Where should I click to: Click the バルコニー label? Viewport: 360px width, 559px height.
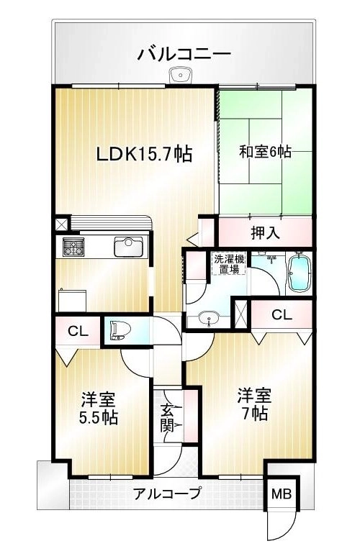184,54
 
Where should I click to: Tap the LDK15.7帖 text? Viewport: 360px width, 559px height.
145,154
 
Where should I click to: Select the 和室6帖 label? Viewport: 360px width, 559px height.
265,152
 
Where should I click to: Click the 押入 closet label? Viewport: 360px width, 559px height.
264,233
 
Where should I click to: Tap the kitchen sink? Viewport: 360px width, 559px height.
128,247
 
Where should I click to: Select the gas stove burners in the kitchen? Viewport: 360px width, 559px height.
74,247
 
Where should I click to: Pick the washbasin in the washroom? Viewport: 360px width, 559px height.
207,318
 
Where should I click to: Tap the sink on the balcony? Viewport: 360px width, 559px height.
181,76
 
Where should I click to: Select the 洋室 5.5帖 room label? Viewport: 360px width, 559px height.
99,409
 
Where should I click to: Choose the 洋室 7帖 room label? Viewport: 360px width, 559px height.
254,404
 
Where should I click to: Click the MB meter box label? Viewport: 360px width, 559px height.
282,494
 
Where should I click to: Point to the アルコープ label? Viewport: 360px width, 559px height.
166,494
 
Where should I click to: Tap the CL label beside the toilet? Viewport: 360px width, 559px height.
78,332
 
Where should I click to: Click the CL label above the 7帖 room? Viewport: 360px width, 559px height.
282,314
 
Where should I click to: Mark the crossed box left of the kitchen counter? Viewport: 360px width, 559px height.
62,224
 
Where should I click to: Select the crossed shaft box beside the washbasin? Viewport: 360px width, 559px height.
240,314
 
